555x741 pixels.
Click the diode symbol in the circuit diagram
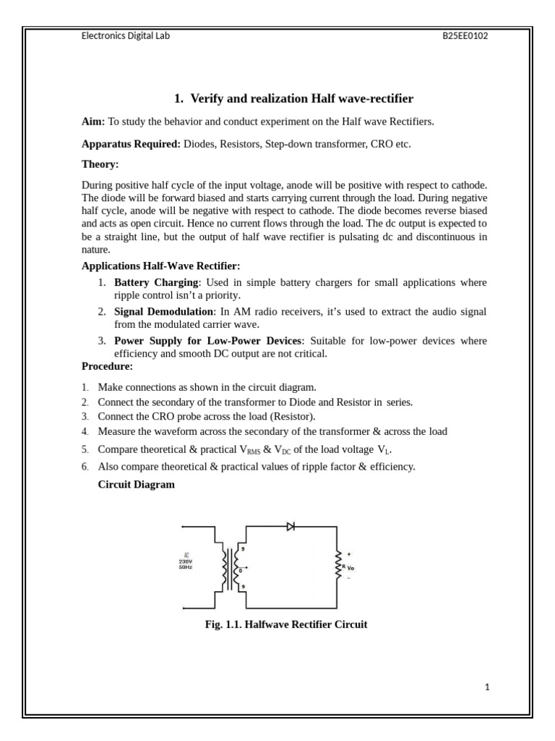point(291,526)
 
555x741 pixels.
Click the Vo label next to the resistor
point(350,568)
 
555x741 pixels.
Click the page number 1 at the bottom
point(487,687)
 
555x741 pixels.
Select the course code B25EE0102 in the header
point(465,35)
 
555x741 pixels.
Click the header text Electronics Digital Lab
point(126,35)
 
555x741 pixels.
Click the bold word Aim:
point(93,122)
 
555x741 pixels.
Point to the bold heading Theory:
point(100,164)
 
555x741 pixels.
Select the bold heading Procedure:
point(107,366)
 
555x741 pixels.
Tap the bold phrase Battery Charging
point(155,282)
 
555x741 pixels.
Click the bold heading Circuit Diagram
point(136,484)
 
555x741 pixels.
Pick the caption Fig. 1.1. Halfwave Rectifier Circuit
point(286,624)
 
